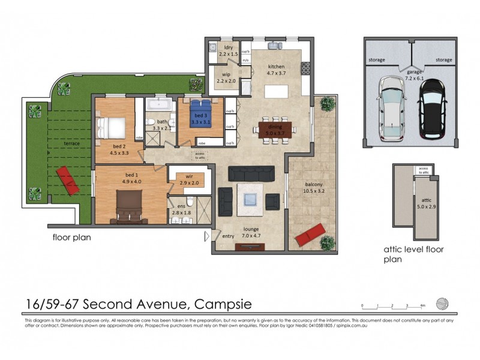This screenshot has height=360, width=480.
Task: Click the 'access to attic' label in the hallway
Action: point(199,155)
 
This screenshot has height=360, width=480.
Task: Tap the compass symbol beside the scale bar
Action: point(442,303)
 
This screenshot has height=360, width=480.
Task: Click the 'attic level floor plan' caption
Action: point(413,254)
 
